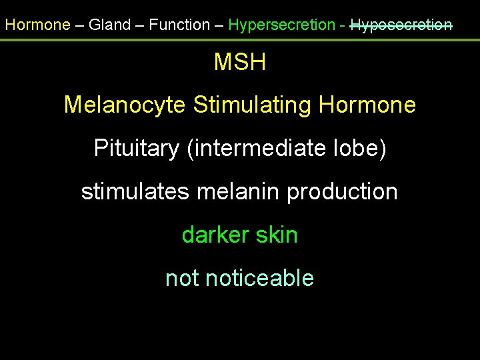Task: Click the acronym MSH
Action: pyautogui.click(x=240, y=63)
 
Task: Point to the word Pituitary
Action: pyautogui.click(x=136, y=148)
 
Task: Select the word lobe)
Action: pyautogui.click(x=361, y=148)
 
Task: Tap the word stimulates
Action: pyautogui.click(x=136, y=192)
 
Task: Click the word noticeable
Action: pyautogui.click(x=260, y=278)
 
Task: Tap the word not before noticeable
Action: pyautogui.click(x=182, y=278)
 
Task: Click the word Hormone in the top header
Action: pyautogui.click(x=37, y=25)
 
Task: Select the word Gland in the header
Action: pyautogui.click(x=110, y=25)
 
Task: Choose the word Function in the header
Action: pyautogui.click(x=179, y=25)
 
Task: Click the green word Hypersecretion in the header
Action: pyautogui.click(x=281, y=25)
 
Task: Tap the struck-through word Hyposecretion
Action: pyautogui.click(x=401, y=25)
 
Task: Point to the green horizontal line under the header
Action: pyautogui.click(x=240, y=40)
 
